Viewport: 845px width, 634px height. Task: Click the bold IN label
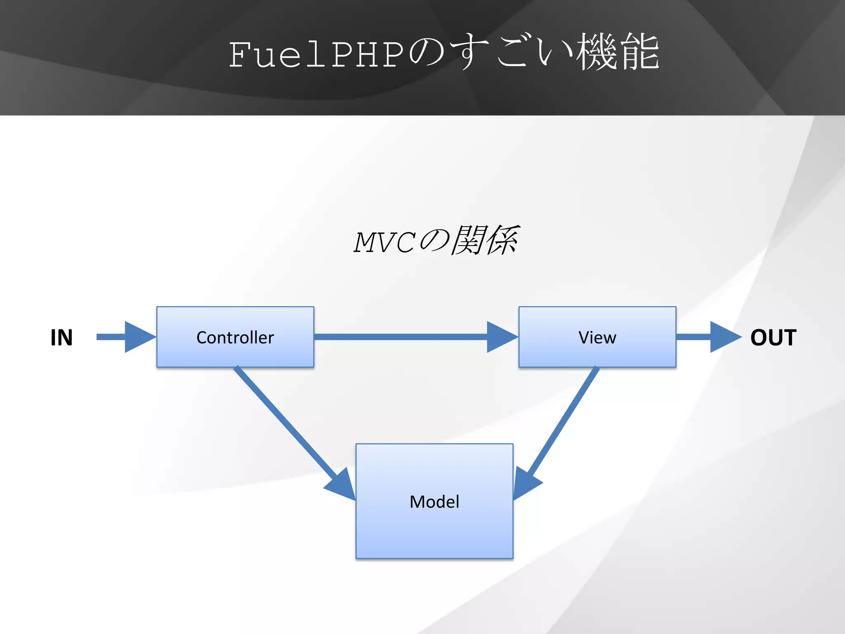click(x=61, y=338)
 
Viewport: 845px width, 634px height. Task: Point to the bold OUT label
click(x=773, y=338)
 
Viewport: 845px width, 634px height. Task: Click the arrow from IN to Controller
click(x=124, y=337)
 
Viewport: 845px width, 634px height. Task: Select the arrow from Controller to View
click(x=413, y=337)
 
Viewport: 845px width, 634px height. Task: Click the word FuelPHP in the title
click(x=316, y=54)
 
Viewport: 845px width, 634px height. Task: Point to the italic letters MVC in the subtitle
click(x=384, y=242)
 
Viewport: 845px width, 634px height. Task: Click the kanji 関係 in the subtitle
click(x=485, y=240)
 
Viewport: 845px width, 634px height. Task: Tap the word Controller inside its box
click(x=235, y=338)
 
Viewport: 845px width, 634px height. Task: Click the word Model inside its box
click(x=434, y=502)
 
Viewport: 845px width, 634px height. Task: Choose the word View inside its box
click(x=597, y=338)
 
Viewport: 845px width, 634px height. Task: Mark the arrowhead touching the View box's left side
click(x=501, y=337)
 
